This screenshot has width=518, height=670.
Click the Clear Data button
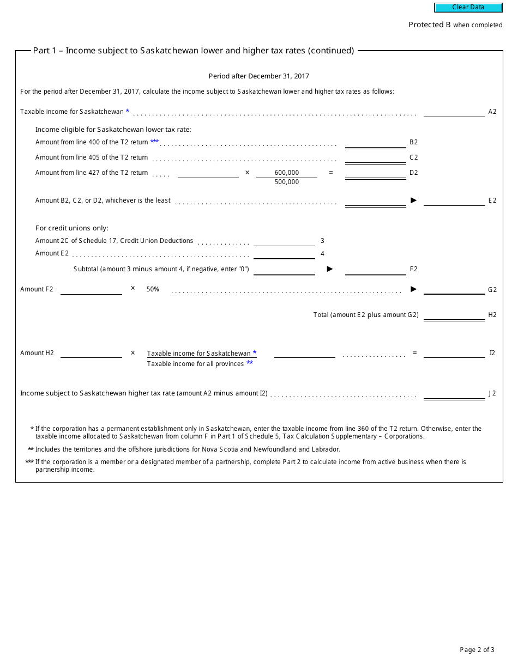[x=468, y=8]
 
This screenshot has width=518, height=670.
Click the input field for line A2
[x=454, y=112]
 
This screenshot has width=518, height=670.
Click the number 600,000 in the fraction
[x=287, y=173]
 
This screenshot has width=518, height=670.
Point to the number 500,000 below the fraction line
[x=287, y=182]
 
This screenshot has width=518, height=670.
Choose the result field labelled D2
[x=375, y=173]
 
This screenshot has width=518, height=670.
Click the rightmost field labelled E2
[x=454, y=200]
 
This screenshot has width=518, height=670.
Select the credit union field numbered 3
[x=284, y=241]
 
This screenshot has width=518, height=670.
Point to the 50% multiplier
[x=153, y=289]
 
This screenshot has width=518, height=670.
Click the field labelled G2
[x=454, y=289]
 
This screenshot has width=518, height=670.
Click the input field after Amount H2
[x=91, y=353]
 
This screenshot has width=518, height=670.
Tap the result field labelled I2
[x=454, y=353]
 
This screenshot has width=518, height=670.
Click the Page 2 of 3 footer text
[x=477, y=650]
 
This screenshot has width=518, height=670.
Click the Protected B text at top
[x=430, y=25]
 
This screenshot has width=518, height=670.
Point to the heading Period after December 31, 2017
[x=259, y=76]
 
